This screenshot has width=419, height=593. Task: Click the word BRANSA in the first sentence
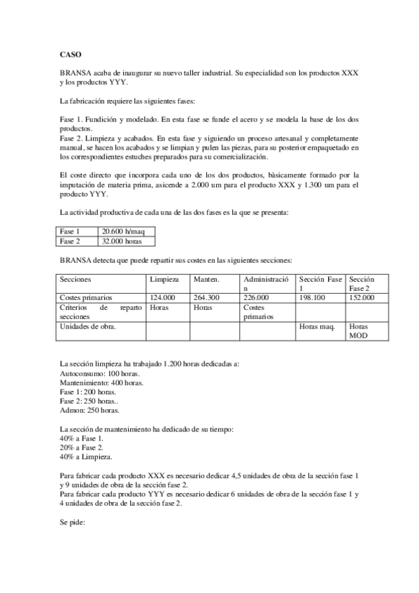coord(75,73)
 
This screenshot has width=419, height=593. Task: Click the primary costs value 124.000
coord(162,297)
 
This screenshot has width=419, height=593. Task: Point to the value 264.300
coord(206,297)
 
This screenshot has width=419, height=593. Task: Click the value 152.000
coord(362,297)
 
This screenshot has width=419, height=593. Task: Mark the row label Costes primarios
coord(86,297)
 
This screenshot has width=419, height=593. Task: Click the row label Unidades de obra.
coord(88,326)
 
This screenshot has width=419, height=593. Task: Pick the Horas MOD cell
coord(358,330)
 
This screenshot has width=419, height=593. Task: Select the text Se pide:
coord(73,520)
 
